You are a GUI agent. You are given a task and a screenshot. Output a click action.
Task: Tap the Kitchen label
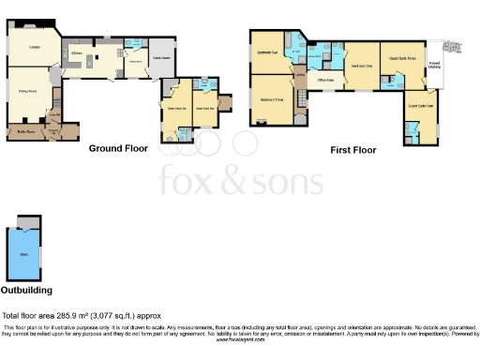(x=80, y=55)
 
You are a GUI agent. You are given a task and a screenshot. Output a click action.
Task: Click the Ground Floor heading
(x=117, y=148)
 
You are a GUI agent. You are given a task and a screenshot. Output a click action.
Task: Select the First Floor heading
(x=354, y=149)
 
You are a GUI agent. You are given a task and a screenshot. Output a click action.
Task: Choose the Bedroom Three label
(x=272, y=97)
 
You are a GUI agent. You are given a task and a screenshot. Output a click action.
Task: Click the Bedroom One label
(x=362, y=66)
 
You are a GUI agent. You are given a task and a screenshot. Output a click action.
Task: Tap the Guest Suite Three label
(x=403, y=57)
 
